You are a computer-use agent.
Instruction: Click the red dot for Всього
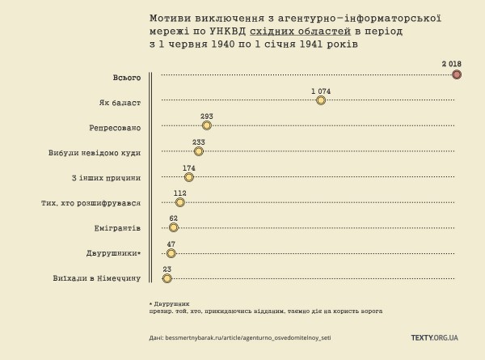457,74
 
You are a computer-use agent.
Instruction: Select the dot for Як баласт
321,100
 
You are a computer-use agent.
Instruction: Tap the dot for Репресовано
207,125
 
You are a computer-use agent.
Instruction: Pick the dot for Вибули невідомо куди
199,151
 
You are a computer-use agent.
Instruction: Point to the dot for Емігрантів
173,227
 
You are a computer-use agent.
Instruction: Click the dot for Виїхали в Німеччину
167,278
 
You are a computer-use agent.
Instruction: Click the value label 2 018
451,63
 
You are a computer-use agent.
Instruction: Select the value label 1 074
321,90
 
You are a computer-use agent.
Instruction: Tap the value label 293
207,116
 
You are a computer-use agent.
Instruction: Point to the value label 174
189,167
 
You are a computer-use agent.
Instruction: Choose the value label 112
180,193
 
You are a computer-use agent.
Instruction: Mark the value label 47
171,244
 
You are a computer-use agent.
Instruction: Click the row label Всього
127,78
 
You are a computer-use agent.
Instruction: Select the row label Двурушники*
114,253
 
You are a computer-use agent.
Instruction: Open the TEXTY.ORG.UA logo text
434,337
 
